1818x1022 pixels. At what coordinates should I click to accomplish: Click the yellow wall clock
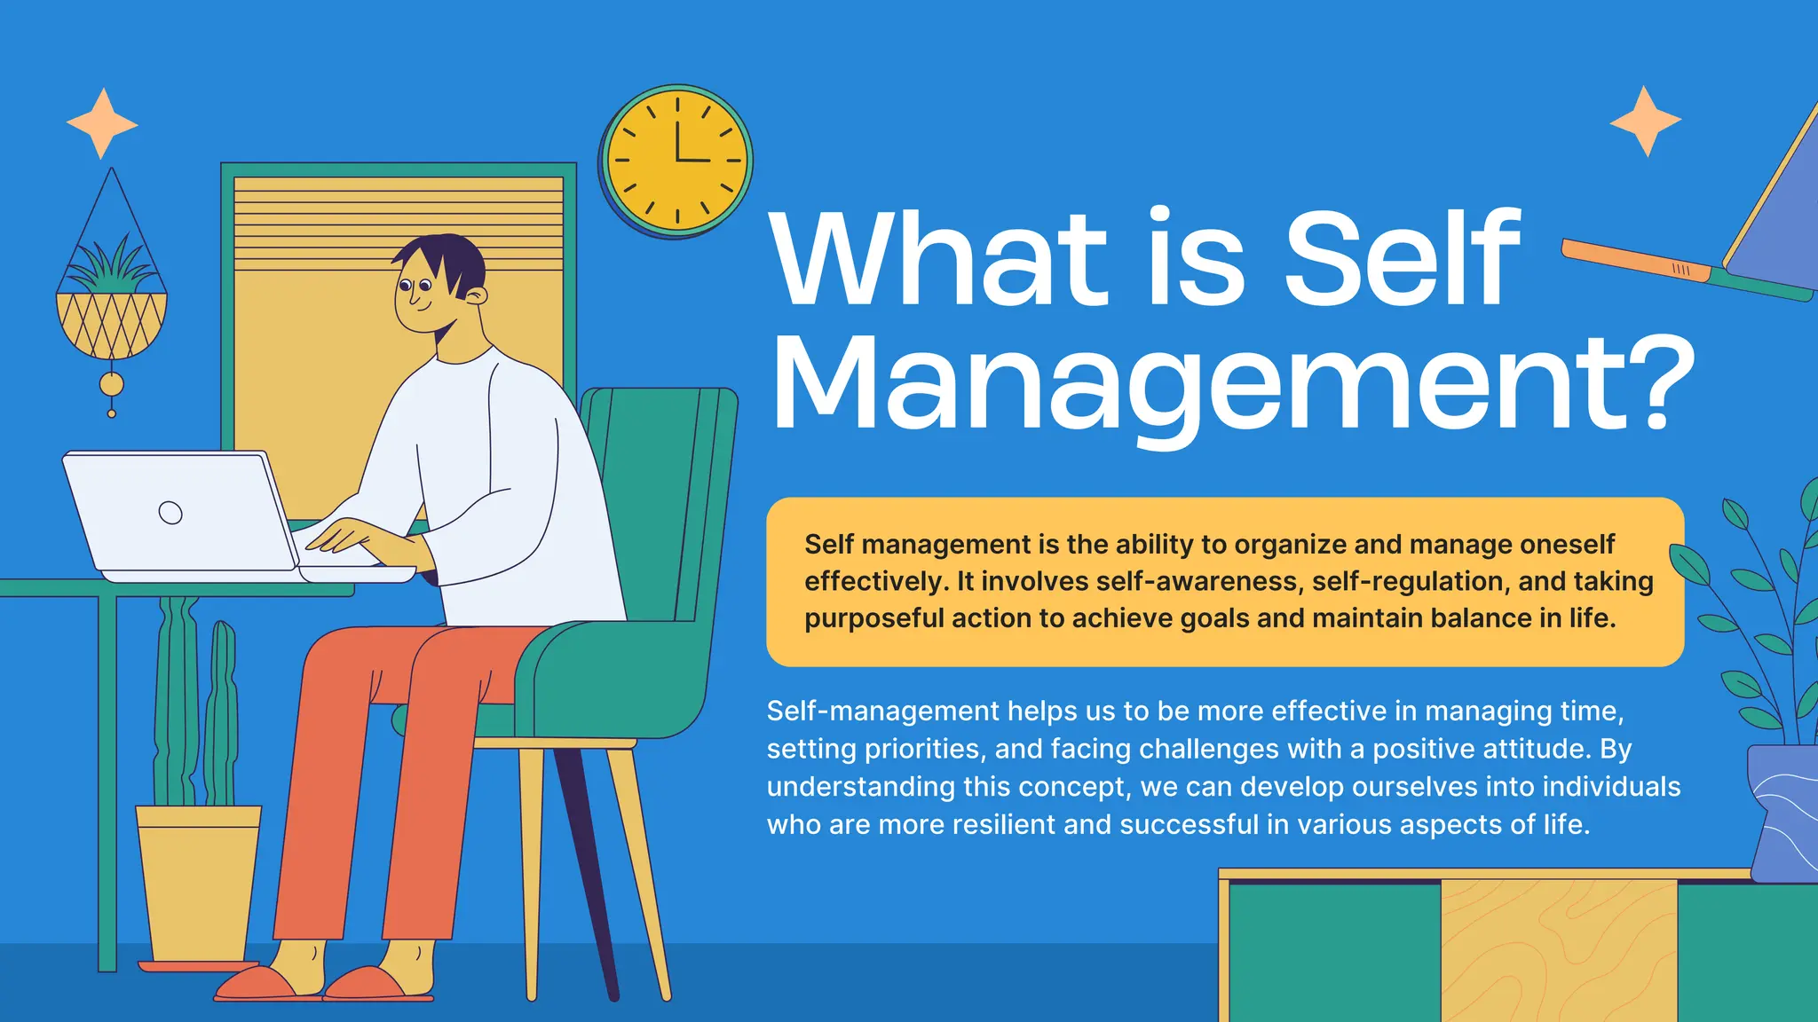coord(676,161)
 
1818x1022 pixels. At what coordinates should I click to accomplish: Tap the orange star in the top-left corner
coord(102,123)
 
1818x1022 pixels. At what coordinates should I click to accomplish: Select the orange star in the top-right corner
coord(1645,122)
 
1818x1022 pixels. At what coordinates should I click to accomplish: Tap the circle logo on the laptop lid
coord(170,512)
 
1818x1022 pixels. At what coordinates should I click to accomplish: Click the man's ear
coord(477,296)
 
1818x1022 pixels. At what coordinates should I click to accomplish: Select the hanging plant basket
coord(111,324)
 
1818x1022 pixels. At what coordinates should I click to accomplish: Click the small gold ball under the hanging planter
coord(111,384)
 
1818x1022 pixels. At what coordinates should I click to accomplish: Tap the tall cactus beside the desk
coord(178,701)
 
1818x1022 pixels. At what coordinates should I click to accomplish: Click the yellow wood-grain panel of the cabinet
coord(1558,949)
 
